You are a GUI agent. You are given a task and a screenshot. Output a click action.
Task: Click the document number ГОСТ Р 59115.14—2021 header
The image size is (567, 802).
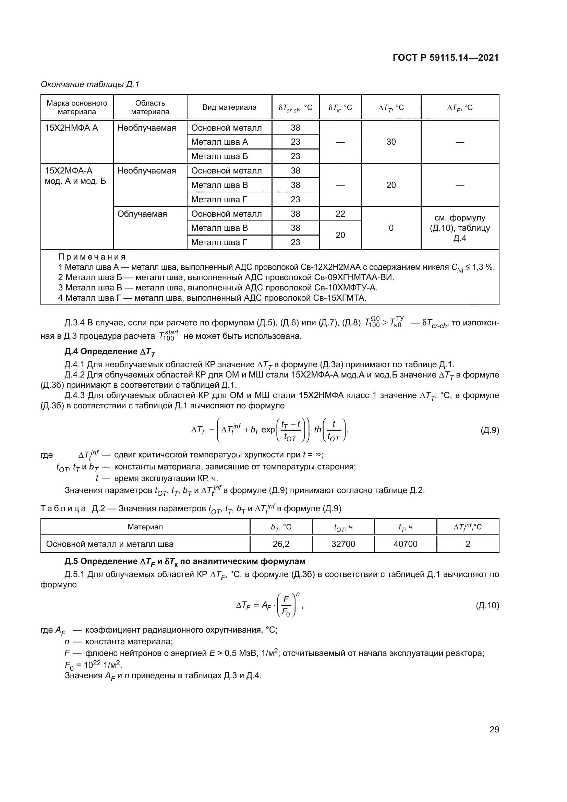pos(446,58)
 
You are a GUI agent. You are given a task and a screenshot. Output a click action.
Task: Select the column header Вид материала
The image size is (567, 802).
pos(229,107)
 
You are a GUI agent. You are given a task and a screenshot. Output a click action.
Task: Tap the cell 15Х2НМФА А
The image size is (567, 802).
pos(72,128)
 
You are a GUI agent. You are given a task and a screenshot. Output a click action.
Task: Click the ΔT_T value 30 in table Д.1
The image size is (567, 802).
pos(391,142)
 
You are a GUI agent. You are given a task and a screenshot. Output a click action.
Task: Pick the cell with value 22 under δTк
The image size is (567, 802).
pos(340,214)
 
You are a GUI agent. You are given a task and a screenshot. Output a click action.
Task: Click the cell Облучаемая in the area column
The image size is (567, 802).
pos(142,214)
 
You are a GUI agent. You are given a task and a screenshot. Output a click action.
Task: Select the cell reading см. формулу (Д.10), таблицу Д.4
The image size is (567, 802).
pos(460,228)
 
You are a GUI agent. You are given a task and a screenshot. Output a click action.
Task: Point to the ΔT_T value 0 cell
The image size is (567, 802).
pos(391,228)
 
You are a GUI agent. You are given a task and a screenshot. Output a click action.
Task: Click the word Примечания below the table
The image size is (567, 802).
pos(92,257)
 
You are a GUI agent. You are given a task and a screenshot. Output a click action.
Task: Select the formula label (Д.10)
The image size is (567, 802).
pos(487,605)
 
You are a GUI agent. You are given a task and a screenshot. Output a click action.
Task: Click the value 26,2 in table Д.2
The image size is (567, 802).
pos(281,544)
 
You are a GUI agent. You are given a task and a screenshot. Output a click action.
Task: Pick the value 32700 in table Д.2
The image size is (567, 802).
pos(343,544)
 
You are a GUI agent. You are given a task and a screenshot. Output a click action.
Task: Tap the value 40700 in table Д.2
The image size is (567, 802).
pos(405,544)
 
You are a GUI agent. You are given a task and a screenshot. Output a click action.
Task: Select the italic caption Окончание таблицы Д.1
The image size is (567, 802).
pos(90,84)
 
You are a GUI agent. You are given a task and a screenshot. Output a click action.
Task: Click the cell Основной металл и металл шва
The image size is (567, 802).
pos(110,544)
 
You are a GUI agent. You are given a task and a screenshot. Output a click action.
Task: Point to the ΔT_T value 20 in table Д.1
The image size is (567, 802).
pos(391,185)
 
